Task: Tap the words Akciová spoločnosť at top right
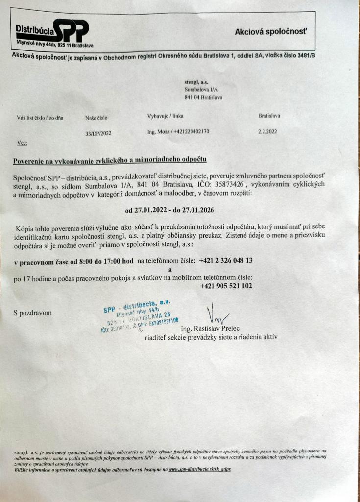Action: click(x=271, y=32)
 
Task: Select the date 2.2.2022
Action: click(x=267, y=131)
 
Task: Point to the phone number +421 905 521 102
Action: click(x=226, y=286)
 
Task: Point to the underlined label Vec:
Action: click(x=22, y=143)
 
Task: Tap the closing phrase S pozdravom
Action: click(x=33, y=312)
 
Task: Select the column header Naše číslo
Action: click(x=96, y=118)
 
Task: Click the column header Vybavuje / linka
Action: click(x=165, y=116)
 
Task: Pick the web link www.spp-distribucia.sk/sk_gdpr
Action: click(x=199, y=469)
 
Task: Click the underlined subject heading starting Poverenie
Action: click(x=110, y=160)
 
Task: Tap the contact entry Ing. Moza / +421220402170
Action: click(x=178, y=132)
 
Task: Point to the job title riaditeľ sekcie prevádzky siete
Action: click(x=211, y=337)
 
